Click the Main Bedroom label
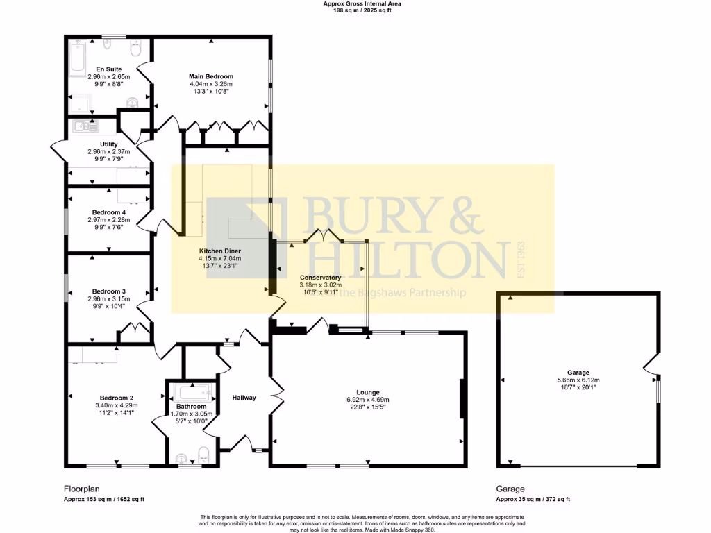[x=211, y=76]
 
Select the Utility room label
[x=108, y=144]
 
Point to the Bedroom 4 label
[x=109, y=212]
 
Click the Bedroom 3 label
[x=109, y=291]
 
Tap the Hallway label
[x=244, y=398]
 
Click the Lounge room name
[x=368, y=392]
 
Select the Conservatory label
[x=320, y=277]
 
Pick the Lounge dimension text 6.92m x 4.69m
[x=368, y=400]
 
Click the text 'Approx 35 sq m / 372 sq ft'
[x=533, y=499]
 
